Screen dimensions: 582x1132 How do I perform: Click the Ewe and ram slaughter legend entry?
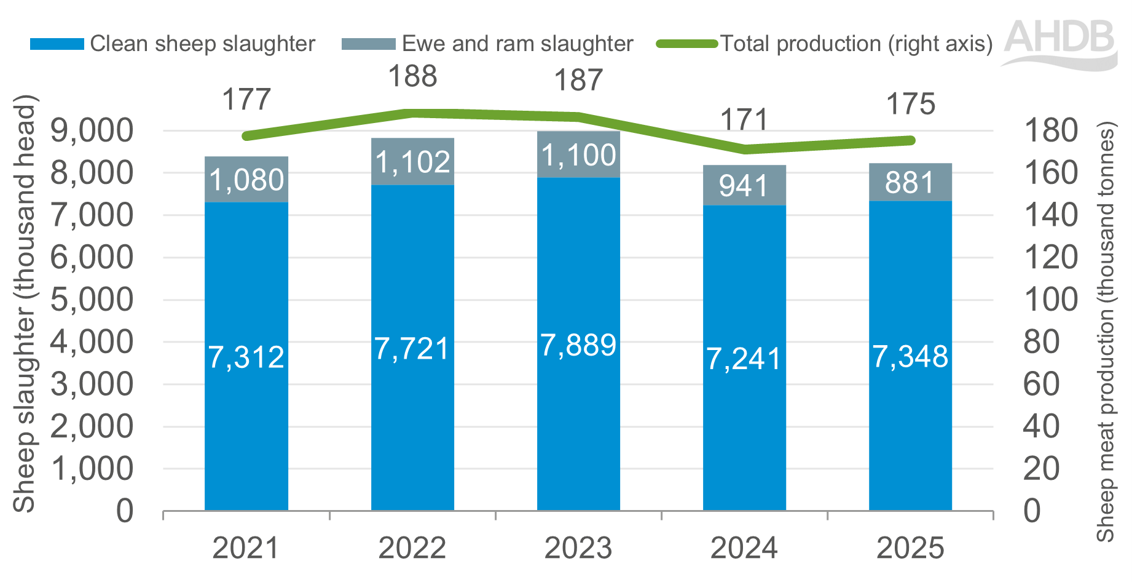point(488,44)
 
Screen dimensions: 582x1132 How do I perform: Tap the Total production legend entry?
point(825,44)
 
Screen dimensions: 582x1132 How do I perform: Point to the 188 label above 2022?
point(412,77)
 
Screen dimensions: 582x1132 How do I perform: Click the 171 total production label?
point(744,120)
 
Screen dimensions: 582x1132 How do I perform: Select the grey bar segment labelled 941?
point(744,185)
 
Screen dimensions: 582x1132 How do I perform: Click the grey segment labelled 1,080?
point(246,180)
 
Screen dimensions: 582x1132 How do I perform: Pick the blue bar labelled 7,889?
point(578,345)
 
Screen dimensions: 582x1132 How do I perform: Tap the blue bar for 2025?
point(910,357)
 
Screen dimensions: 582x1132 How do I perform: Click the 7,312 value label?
point(246,357)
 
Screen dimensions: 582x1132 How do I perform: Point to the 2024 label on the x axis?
point(744,548)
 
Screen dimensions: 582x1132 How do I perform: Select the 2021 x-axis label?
point(246,548)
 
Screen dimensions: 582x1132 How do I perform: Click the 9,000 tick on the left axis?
point(92,131)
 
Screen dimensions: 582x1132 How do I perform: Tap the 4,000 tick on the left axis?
point(92,342)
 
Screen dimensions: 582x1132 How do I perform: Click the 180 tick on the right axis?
point(1050,131)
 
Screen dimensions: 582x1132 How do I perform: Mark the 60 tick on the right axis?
point(1041,385)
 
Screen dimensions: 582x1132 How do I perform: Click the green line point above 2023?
point(578,117)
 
